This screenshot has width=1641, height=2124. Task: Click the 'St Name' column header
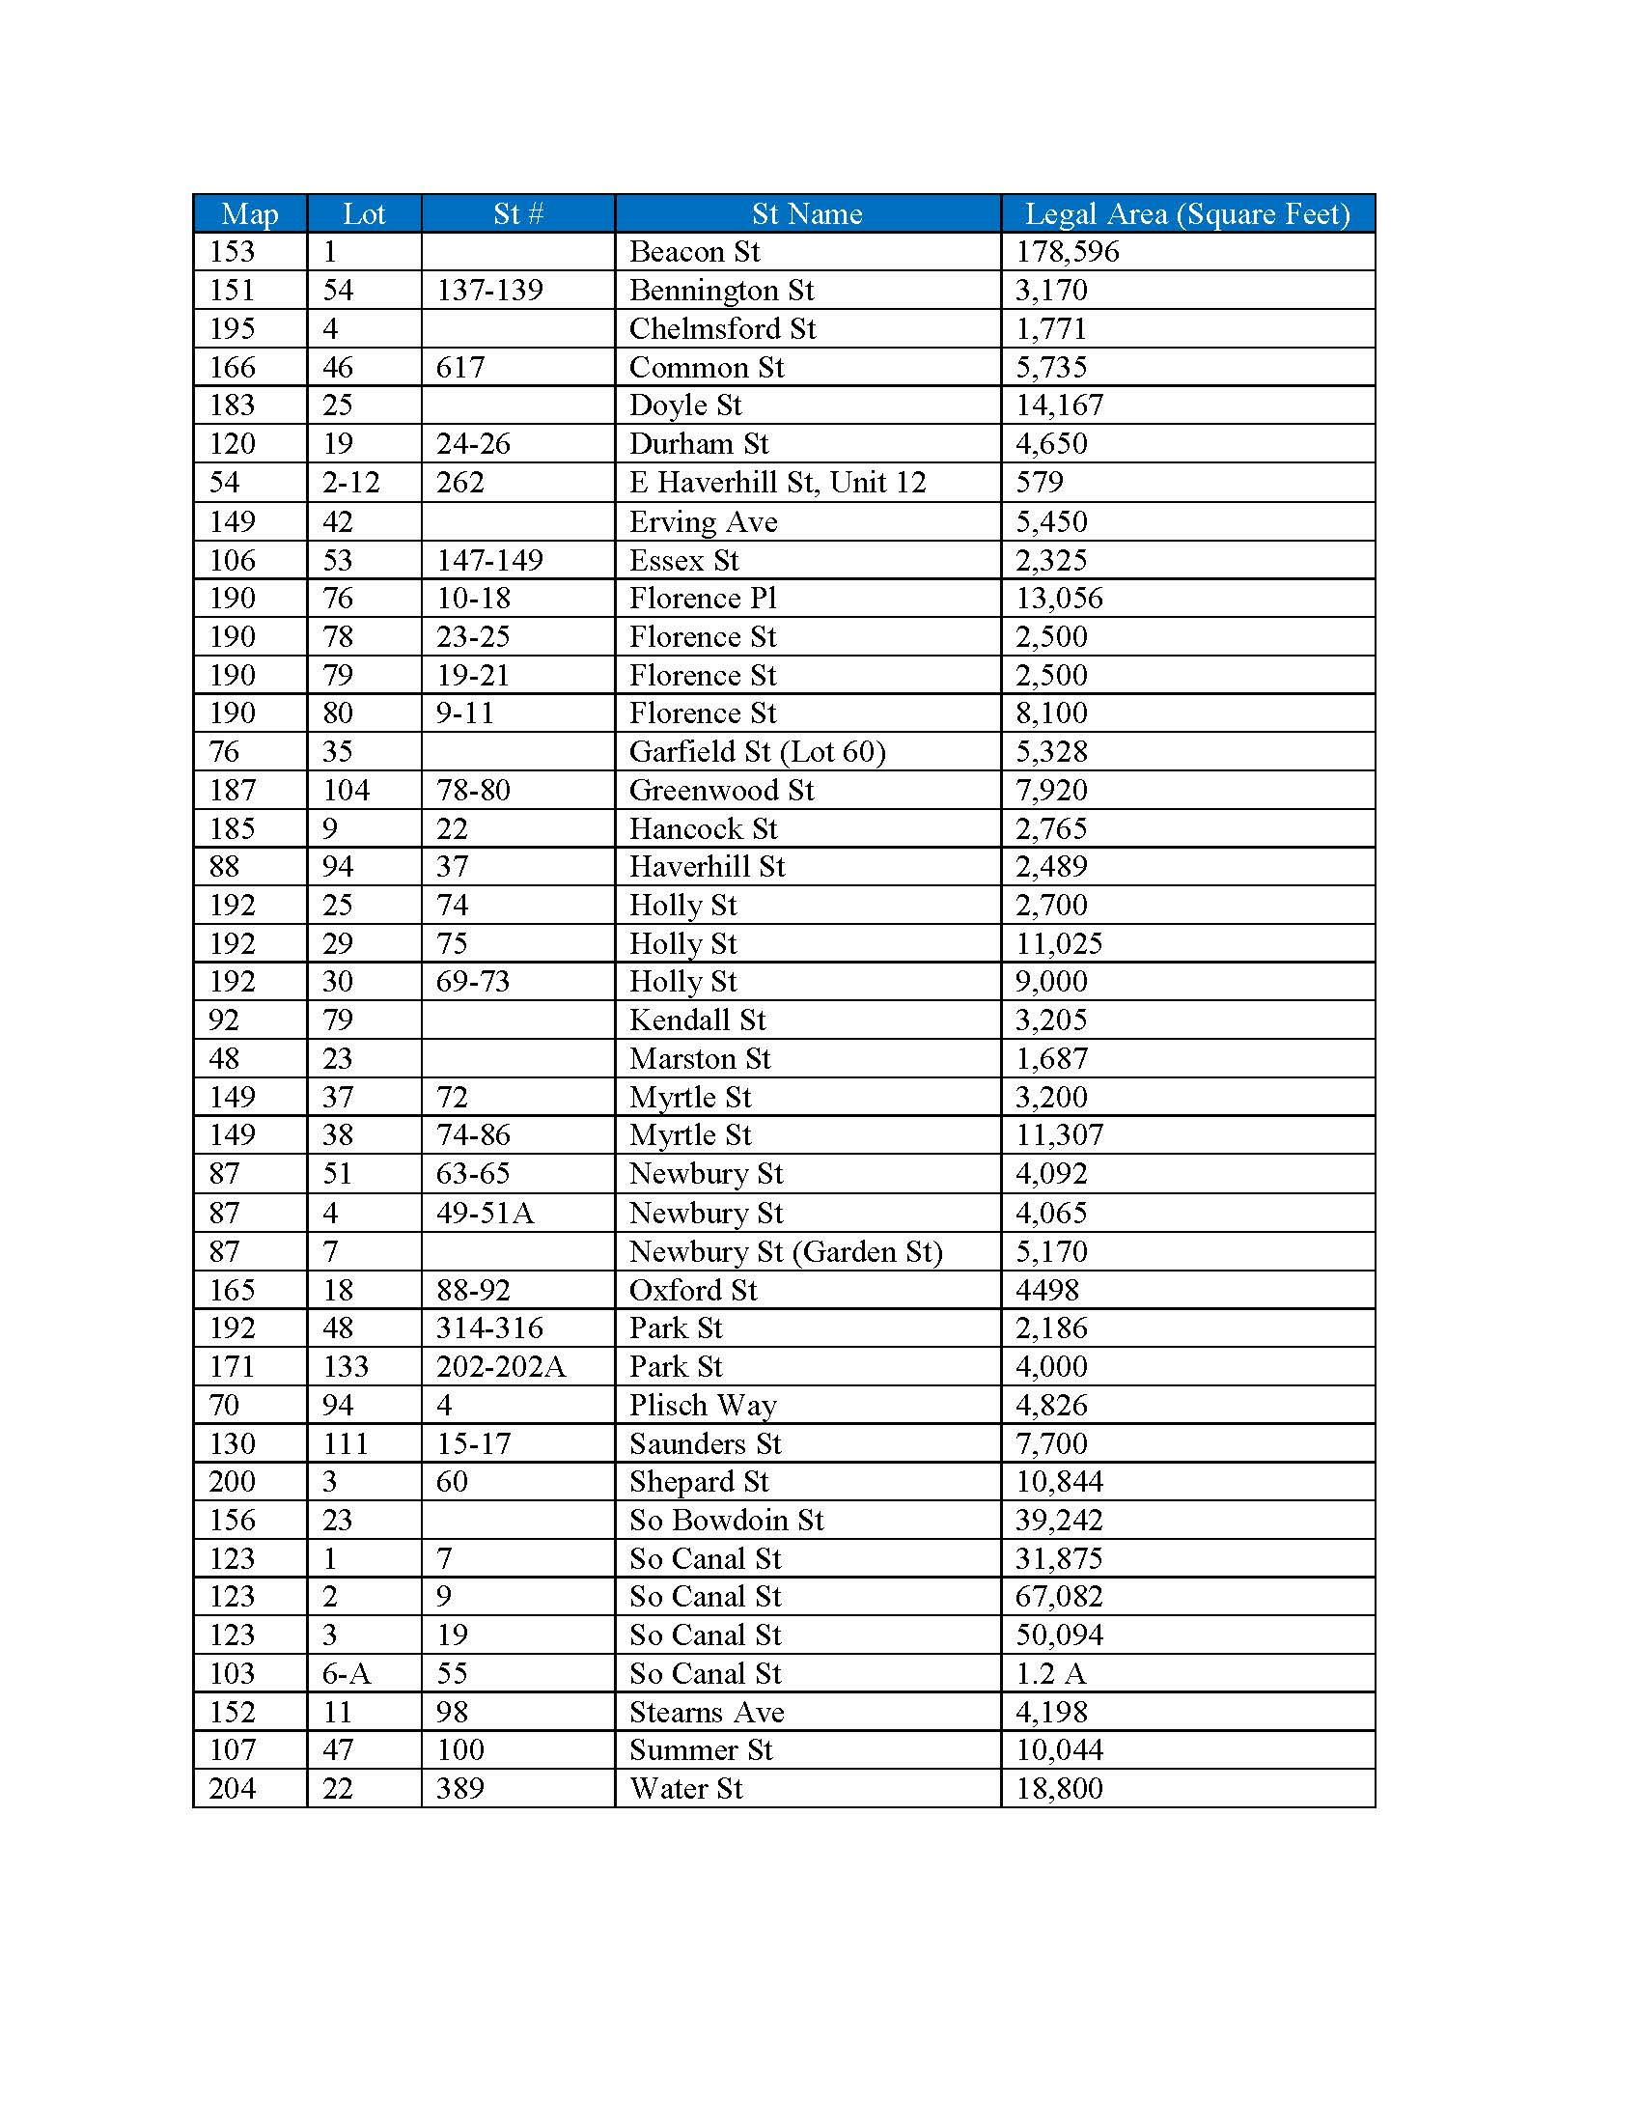[x=807, y=213]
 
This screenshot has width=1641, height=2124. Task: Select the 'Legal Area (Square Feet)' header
[x=1187, y=213]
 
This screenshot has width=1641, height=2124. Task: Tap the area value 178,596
[x=1068, y=252]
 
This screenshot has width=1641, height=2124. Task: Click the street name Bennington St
[x=720, y=290]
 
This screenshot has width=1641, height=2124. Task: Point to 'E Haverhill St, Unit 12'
[x=777, y=483]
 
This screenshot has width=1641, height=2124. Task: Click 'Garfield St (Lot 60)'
[x=758, y=752]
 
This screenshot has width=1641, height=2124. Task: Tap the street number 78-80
[x=472, y=790]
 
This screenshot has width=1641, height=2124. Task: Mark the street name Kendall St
[x=697, y=1020]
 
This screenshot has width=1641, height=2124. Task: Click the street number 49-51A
[x=485, y=1213]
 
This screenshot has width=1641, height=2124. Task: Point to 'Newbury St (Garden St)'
[x=786, y=1251]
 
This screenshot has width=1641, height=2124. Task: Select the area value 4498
[x=1047, y=1291]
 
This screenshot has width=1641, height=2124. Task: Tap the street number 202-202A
[x=501, y=1366]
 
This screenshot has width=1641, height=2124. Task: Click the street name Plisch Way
[x=702, y=1406]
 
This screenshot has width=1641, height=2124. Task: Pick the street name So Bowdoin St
[x=725, y=1520]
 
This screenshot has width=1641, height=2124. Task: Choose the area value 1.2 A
[x=1050, y=1674]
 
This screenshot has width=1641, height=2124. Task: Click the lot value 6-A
[x=347, y=1674]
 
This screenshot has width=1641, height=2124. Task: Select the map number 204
[x=232, y=1788]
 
